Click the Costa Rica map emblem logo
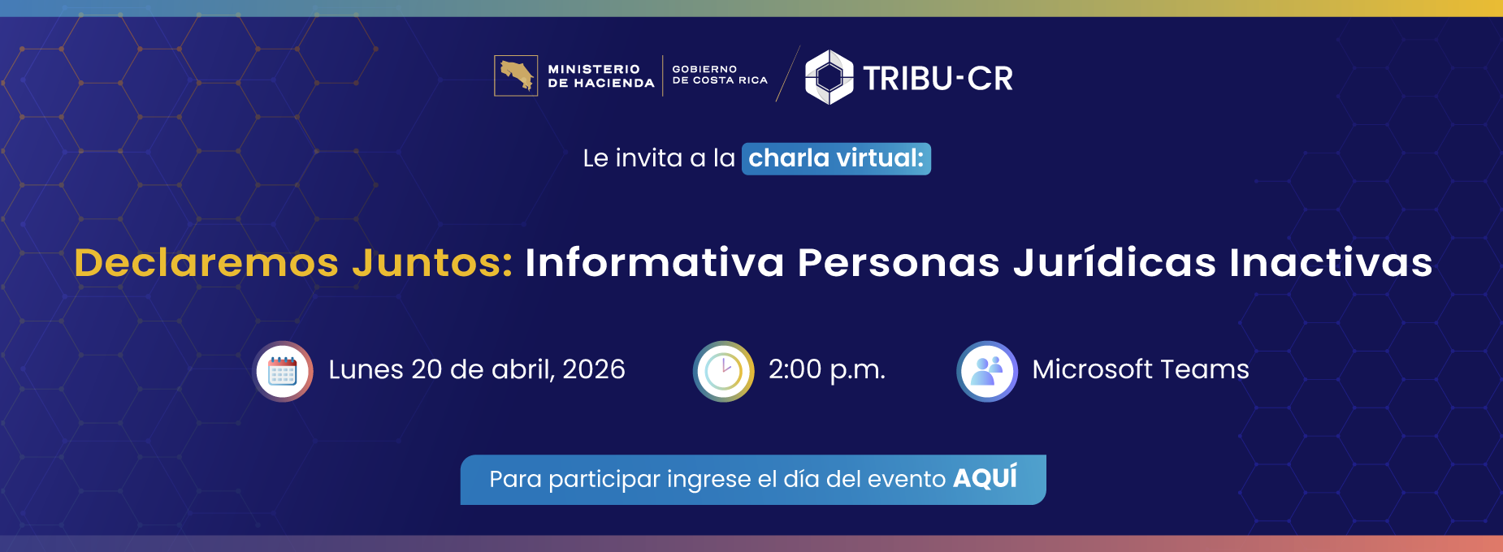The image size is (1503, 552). tap(516, 75)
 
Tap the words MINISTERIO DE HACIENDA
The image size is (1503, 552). tap(600, 76)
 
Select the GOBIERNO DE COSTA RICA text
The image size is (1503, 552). tap(719, 75)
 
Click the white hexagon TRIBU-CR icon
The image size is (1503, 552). tap(829, 77)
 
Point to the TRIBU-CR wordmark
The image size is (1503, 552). tap(938, 79)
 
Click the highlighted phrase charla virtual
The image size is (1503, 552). tap(835, 158)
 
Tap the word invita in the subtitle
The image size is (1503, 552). tap(649, 158)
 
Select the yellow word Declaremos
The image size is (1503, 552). tap(206, 263)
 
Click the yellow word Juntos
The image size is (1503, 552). tap(432, 263)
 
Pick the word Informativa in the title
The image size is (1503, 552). tap(655, 263)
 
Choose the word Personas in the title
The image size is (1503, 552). tap(899, 263)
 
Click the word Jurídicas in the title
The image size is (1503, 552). tap(1115, 263)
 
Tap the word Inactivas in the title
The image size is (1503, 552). tap(1331, 263)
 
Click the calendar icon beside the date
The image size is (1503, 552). tap(283, 372)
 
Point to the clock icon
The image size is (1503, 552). tap(724, 372)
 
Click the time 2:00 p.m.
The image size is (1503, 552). tap(826, 369)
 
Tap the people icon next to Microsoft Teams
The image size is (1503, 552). tap(987, 372)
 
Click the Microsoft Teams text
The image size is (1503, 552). tap(1141, 369)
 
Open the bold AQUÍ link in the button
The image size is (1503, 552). tap(985, 478)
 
